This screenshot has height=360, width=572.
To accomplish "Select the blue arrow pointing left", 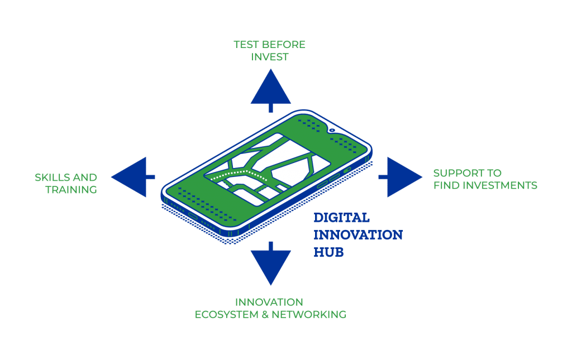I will pos(131,177).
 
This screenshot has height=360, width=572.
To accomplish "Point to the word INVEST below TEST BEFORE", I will pos(270,57).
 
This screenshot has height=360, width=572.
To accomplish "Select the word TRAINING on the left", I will pos(71,190).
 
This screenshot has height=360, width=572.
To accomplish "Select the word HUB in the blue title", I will pos(328,252).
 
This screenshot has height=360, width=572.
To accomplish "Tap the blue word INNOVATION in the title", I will pos(358,235).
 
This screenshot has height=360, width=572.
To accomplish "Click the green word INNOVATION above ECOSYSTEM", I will pos(269,302).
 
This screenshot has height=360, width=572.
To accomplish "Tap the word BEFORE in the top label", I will pos(284,45).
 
